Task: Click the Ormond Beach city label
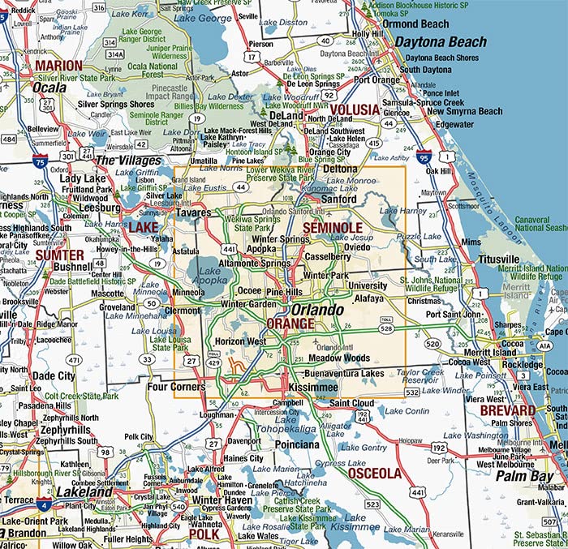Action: click(416, 24)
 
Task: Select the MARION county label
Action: click(58, 66)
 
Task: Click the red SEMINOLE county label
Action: click(332, 228)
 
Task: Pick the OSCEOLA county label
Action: click(374, 473)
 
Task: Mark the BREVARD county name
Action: click(507, 411)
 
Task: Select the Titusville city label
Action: click(498, 259)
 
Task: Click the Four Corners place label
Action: click(175, 387)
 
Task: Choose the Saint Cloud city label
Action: click(352, 403)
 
